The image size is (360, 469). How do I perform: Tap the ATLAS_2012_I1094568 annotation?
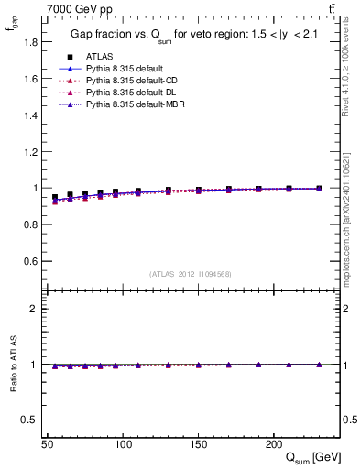189,274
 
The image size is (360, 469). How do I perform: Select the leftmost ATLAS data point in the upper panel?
55,197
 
